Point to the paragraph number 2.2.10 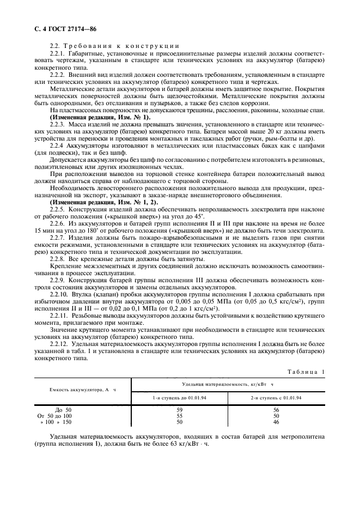coord(59,294)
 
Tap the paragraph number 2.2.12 coord(59,344)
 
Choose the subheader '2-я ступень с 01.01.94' coord(276,398)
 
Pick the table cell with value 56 coord(276,409)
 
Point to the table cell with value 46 coord(276,422)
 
